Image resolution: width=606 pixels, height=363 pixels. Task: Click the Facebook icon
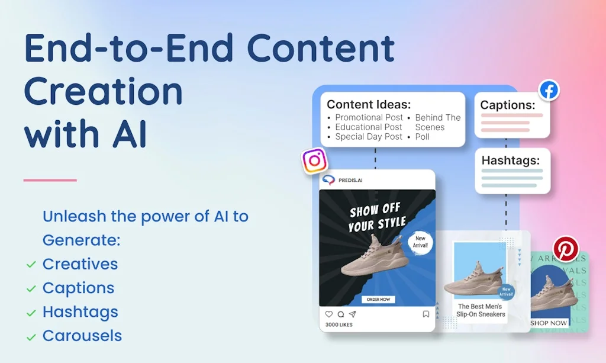[x=549, y=91]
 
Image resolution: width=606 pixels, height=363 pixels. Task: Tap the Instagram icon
[x=315, y=160]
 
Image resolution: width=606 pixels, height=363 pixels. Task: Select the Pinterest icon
[x=565, y=249]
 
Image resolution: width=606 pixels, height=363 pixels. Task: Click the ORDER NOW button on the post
[x=378, y=299]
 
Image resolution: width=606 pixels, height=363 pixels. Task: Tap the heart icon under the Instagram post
[x=329, y=314]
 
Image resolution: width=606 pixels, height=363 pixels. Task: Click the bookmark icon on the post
[x=426, y=314]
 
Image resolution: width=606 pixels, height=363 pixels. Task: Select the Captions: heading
[x=508, y=105]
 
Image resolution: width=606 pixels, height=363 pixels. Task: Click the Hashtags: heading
[x=511, y=160]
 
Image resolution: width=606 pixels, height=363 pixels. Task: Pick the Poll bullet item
[x=422, y=137]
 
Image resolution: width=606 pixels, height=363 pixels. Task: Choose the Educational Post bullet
[x=368, y=127]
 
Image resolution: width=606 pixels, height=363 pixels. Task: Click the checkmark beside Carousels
[x=31, y=337]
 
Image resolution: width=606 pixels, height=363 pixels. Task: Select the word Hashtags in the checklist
[x=80, y=312]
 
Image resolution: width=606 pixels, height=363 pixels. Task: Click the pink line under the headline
[x=50, y=180]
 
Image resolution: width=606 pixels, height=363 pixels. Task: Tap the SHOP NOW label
[x=548, y=323]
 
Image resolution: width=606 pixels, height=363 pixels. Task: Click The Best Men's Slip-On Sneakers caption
[x=480, y=310]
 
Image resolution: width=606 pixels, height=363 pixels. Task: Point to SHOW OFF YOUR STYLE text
[x=377, y=217]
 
